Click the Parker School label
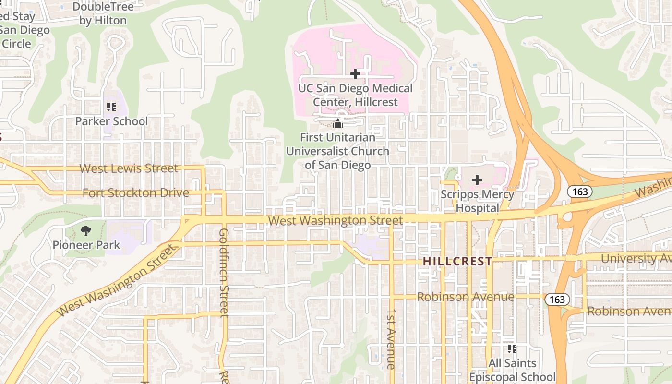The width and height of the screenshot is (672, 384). coord(111,121)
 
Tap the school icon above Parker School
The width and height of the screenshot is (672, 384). coord(111,107)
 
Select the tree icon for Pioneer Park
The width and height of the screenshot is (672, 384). coord(86,231)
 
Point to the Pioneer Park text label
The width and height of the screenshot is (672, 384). coord(86,245)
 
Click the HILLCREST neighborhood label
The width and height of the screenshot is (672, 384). coord(457,262)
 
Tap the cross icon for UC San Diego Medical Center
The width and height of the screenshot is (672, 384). coord(355,74)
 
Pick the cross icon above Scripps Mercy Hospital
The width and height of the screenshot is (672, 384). coord(477,180)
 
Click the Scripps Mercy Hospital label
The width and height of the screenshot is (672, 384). coord(478,201)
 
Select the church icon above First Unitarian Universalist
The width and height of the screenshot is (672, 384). coord(338,124)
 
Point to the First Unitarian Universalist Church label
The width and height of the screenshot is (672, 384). coord(338,151)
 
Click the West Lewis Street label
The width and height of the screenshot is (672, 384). coord(129,168)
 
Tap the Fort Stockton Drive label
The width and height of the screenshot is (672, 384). coord(136,193)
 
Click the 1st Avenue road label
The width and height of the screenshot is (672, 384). coord(391,339)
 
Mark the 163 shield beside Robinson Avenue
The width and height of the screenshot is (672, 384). coord(557,300)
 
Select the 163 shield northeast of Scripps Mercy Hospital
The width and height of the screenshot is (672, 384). coord(580,192)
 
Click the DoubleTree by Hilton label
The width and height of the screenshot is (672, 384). coord(103,13)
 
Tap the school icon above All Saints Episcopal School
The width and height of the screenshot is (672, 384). coord(512,348)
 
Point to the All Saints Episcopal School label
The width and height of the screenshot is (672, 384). coord(512,370)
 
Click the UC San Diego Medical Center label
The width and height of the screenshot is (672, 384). coord(355,95)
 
